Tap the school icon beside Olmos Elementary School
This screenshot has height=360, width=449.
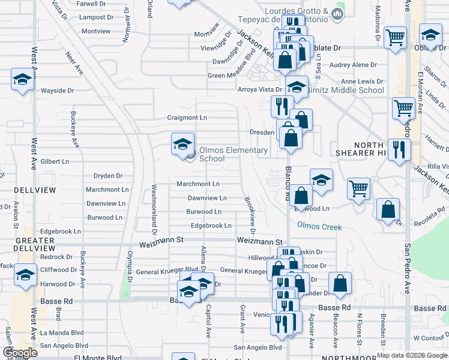click(x=183, y=144)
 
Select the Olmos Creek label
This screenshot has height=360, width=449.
click(x=319, y=227)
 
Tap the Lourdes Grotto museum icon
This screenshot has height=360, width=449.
click(x=338, y=13)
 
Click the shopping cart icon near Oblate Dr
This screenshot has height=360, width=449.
click(x=395, y=38)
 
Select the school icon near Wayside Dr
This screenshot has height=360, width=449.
click(x=22, y=79)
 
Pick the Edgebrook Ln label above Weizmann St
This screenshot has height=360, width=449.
click(x=211, y=226)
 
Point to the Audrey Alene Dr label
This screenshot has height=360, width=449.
click(x=354, y=65)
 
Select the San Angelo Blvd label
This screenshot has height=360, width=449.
click(x=258, y=347)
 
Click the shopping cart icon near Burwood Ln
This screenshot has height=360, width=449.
click(x=358, y=188)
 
